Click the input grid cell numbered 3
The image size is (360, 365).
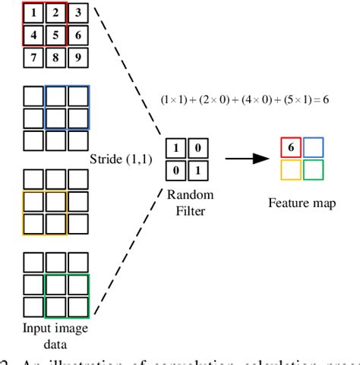pos(79,12)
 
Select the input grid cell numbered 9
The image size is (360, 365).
pos(79,56)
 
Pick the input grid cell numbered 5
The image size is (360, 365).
pos(57,34)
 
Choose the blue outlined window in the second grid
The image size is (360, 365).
pos(68,107)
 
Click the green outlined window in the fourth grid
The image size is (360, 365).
pos(68,297)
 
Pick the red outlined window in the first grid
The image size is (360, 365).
pos(46,24)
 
